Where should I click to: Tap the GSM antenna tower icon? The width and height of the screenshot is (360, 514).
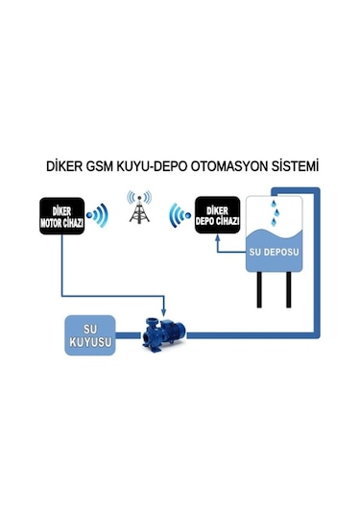[x=138, y=209]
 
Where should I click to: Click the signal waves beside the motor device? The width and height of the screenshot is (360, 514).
[x=97, y=216]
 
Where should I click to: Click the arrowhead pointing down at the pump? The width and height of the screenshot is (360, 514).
[x=165, y=311]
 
